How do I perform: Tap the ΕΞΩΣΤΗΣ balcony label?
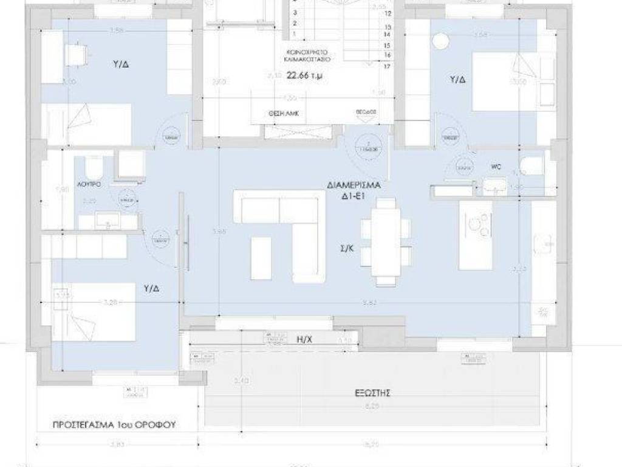370,393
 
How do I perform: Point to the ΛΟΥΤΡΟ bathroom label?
89,182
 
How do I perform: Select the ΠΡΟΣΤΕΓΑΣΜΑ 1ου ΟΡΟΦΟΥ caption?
114,425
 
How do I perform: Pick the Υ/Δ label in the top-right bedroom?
457,79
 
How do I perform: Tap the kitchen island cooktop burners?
477,226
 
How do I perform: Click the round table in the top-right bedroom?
440,41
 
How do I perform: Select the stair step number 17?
386,66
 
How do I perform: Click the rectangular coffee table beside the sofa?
261,258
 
